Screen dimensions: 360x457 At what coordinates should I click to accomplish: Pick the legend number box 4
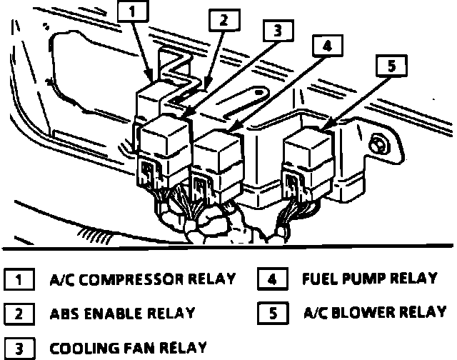click(272, 279)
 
